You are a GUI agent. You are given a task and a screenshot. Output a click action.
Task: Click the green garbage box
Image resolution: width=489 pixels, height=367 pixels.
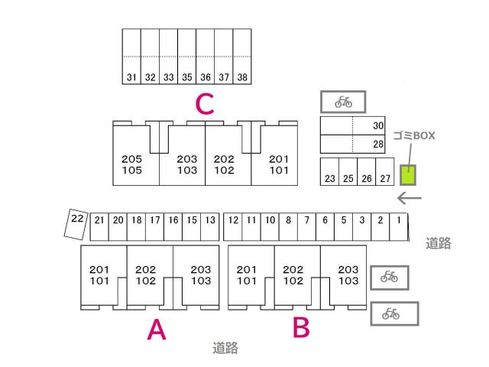point(408,175)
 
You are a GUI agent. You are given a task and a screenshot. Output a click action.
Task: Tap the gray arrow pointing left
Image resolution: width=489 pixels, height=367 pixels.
point(410,198)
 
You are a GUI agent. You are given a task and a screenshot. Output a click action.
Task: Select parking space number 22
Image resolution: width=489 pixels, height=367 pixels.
point(76,224)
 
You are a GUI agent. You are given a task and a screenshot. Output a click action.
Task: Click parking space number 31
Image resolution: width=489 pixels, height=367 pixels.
point(131,57)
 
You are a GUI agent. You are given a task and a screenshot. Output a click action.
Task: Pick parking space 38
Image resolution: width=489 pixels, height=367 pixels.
point(242,57)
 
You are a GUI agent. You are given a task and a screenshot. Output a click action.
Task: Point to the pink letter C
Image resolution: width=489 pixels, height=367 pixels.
point(205,104)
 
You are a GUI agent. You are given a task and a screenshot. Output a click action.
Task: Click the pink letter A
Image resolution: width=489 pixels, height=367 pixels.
point(157,330)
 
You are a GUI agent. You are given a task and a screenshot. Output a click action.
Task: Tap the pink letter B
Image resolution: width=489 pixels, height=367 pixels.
point(301,327)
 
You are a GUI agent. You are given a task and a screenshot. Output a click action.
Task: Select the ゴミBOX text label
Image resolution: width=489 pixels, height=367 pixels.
point(414,136)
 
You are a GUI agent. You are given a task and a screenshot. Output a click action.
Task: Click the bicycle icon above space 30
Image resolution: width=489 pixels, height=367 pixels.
point(343,102)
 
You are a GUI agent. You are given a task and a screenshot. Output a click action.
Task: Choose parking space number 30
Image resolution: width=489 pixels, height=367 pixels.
point(353,125)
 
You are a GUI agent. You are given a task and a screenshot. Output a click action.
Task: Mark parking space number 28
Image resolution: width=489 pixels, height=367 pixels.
point(353,145)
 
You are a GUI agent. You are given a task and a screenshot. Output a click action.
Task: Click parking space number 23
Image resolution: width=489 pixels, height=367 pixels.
point(329,171)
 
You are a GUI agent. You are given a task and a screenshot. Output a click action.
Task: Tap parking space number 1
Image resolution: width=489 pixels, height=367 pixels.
point(399,227)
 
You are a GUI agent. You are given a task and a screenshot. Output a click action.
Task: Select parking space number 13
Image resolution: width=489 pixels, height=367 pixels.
point(210,227)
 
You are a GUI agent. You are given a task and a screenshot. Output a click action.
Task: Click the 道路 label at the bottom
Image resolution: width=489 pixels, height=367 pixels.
point(225,348)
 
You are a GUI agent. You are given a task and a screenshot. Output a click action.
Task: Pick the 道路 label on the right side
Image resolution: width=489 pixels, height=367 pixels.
point(438,243)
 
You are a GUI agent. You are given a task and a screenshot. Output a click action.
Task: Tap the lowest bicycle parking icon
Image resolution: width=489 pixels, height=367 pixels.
point(394,313)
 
